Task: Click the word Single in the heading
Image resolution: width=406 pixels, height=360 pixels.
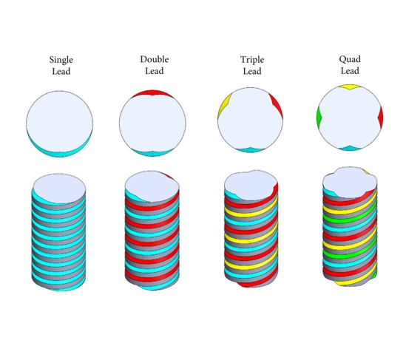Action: click(x=61, y=60)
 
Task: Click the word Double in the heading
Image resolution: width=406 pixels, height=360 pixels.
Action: click(x=155, y=59)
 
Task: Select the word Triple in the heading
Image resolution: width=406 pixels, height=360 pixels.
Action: click(x=252, y=60)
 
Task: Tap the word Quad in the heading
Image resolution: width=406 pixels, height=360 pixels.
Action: click(x=350, y=59)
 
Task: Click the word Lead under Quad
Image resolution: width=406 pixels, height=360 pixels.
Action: click(x=350, y=71)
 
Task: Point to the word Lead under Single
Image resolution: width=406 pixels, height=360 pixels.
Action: click(x=61, y=71)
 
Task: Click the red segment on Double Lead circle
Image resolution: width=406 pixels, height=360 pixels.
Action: click(x=152, y=93)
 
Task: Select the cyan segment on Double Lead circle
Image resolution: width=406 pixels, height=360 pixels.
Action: click(x=152, y=153)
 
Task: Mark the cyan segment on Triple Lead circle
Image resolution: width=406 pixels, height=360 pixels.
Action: click(x=250, y=150)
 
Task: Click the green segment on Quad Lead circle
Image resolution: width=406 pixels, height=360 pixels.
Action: click(x=319, y=117)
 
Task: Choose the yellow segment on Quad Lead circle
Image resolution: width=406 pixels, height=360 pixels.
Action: click(x=350, y=86)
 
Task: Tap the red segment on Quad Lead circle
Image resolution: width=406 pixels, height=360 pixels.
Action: click(x=381, y=117)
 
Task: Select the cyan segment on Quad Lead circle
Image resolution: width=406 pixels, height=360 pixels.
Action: click(x=350, y=149)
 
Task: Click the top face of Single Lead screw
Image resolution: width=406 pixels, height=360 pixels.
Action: click(x=60, y=189)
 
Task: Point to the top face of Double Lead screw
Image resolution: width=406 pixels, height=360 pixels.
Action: click(x=152, y=186)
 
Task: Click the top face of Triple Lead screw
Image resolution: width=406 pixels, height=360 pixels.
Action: click(x=251, y=185)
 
